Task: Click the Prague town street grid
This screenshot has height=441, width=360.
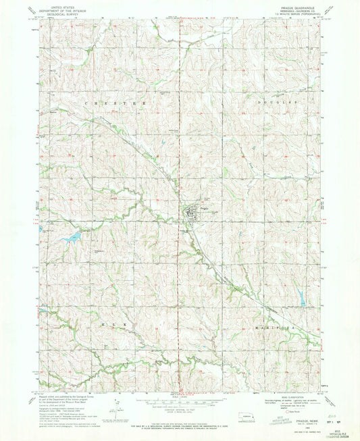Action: click(192, 215)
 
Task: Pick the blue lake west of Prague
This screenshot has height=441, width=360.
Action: click(73, 237)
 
